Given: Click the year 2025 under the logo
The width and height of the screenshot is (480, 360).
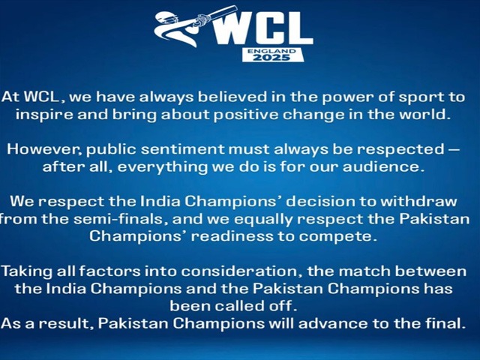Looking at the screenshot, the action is [x=271, y=57].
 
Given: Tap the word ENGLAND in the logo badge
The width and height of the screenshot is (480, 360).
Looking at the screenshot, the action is [x=271, y=51].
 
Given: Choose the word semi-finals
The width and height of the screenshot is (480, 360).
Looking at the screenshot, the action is [x=121, y=219].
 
